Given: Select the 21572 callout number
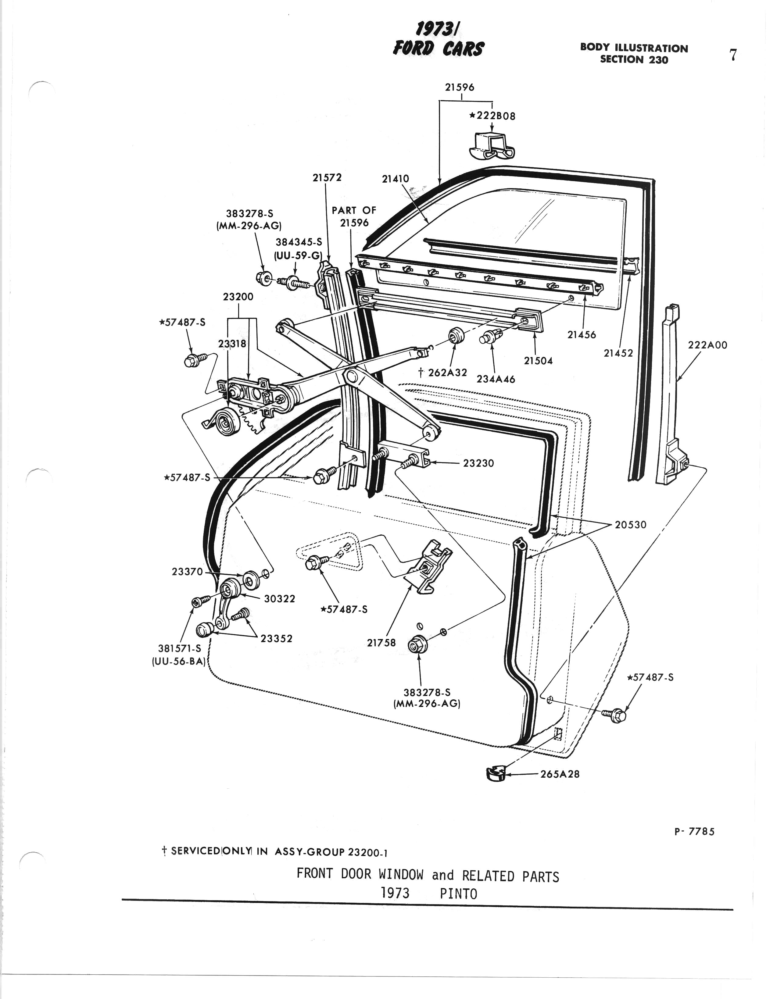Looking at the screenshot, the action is pyautogui.click(x=327, y=177).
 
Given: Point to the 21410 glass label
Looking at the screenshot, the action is pyautogui.click(x=396, y=179).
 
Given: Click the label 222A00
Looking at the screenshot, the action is pyautogui.click(x=707, y=345).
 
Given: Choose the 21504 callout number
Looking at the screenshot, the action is pyautogui.click(x=538, y=361).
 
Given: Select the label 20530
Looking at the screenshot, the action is pyautogui.click(x=631, y=525).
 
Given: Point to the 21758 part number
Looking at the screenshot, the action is pyautogui.click(x=381, y=643).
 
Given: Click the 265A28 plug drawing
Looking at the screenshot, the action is pyautogui.click(x=495, y=773).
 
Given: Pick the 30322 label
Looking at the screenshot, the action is pyautogui.click(x=280, y=599).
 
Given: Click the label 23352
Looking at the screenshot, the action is pyautogui.click(x=276, y=639).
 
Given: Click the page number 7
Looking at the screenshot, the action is pyautogui.click(x=732, y=55).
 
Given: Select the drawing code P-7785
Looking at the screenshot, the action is pyautogui.click(x=694, y=832).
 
